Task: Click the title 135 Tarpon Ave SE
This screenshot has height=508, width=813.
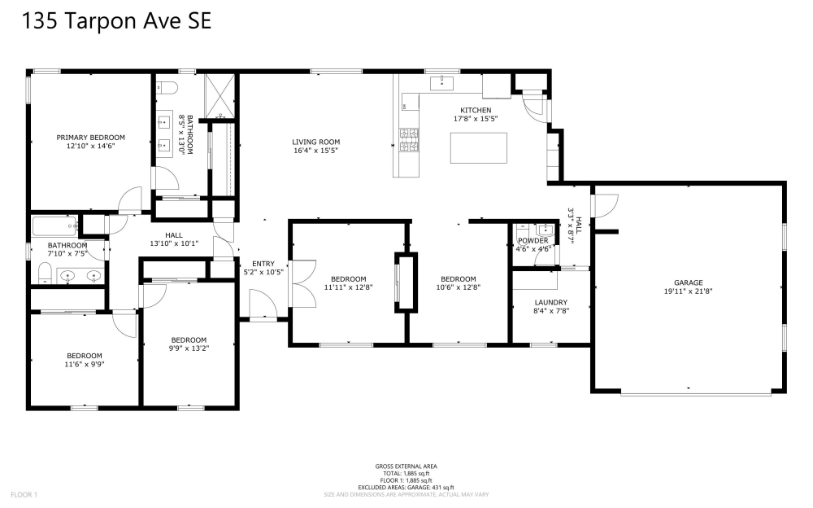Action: (116, 21)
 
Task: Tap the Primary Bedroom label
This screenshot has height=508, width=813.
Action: (91, 138)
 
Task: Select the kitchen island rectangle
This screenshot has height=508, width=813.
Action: (479, 148)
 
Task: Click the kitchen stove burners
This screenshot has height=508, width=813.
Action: (409, 140)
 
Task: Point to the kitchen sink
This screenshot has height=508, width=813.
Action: (441, 82)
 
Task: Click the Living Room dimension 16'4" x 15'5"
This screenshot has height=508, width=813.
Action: (315, 151)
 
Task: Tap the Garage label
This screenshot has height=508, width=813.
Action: (688, 283)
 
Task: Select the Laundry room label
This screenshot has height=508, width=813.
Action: (550, 302)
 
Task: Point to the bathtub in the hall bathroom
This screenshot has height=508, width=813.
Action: (55, 226)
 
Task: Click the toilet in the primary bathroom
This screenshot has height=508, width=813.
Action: (167, 88)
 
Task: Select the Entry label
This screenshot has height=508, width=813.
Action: (263, 264)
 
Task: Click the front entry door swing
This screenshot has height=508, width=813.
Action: (264, 304)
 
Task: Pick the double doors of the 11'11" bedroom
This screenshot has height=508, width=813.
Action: (304, 283)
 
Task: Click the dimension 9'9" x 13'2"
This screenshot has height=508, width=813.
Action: (189, 348)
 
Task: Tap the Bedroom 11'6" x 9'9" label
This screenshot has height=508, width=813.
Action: (85, 360)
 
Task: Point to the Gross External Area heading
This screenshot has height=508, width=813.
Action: (406, 466)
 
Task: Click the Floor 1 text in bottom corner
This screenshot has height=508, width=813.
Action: (24, 495)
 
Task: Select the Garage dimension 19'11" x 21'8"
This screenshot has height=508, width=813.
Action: (688, 291)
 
